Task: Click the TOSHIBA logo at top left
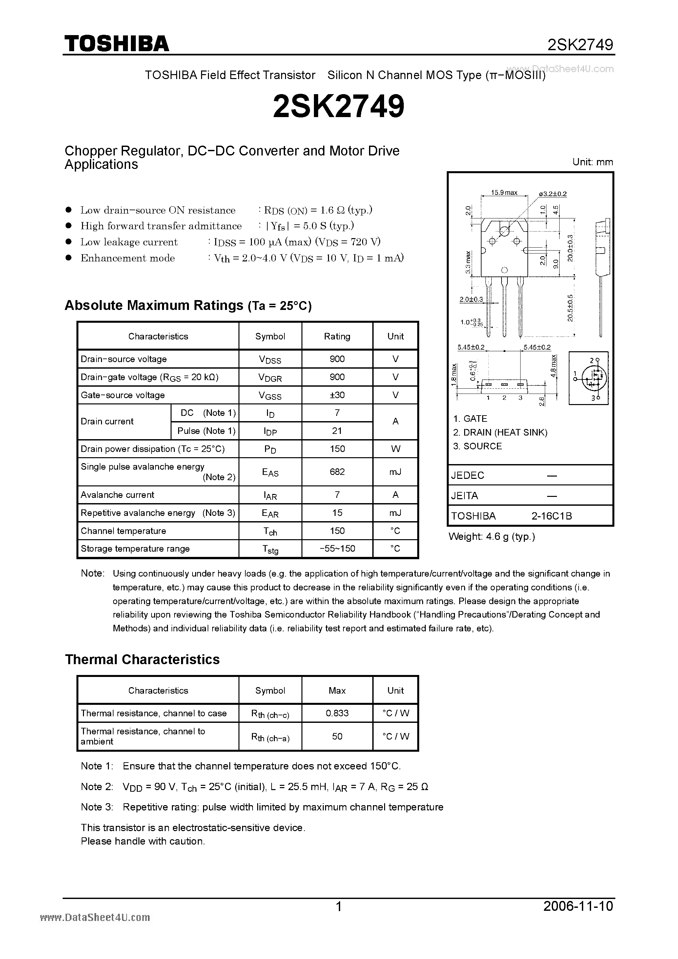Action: click(116, 43)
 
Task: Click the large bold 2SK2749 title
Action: click(339, 107)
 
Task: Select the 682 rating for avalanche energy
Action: click(337, 472)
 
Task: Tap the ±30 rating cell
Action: click(337, 395)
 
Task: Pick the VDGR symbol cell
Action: click(270, 377)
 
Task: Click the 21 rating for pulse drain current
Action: click(337, 431)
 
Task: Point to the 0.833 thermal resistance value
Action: click(337, 713)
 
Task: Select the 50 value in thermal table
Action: click(337, 736)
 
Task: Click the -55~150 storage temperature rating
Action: click(337, 548)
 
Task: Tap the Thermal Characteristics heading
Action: click(142, 660)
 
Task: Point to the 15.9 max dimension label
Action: click(504, 193)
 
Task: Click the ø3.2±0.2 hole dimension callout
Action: click(553, 194)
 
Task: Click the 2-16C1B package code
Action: click(551, 516)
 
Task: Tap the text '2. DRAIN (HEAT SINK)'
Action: click(500, 432)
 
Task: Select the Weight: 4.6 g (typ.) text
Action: click(492, 537)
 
